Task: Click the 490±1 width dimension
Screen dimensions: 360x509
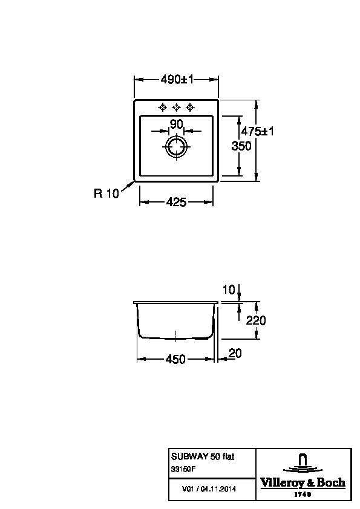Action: [x=177, y=79]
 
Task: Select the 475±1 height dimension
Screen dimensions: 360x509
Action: [x=257, y=131]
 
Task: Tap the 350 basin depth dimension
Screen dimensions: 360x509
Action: [x=241, y=146]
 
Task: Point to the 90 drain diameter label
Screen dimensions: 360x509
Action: [x=177, y=124]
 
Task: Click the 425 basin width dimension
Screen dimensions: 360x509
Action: [x=176, y=203]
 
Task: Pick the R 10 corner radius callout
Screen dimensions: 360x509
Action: [x=106, y=193]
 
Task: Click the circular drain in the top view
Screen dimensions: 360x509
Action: [x=177, y=147]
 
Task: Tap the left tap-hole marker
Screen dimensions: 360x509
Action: [x=163, y=107]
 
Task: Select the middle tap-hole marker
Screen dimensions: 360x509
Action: [x=177, y=107]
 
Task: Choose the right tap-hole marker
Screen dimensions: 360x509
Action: [x=191, y=107]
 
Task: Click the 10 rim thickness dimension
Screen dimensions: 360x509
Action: [x=229, y=290]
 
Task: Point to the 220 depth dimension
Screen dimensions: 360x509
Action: [x=256, y=321]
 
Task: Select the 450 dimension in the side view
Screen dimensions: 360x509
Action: [x=175, y=359]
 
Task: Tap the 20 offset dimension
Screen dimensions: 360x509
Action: [x=235, y=353]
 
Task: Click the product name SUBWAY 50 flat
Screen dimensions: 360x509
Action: [x=203, y=456]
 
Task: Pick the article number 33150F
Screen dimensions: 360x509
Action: [x=183, y=469]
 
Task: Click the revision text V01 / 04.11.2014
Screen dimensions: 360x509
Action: [x=209, y=489]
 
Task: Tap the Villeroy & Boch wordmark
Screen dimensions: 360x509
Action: [x=303, y=483]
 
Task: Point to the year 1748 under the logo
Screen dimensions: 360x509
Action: [x=303, y=494]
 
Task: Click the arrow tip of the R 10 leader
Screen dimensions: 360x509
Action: [x=134, y=181]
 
